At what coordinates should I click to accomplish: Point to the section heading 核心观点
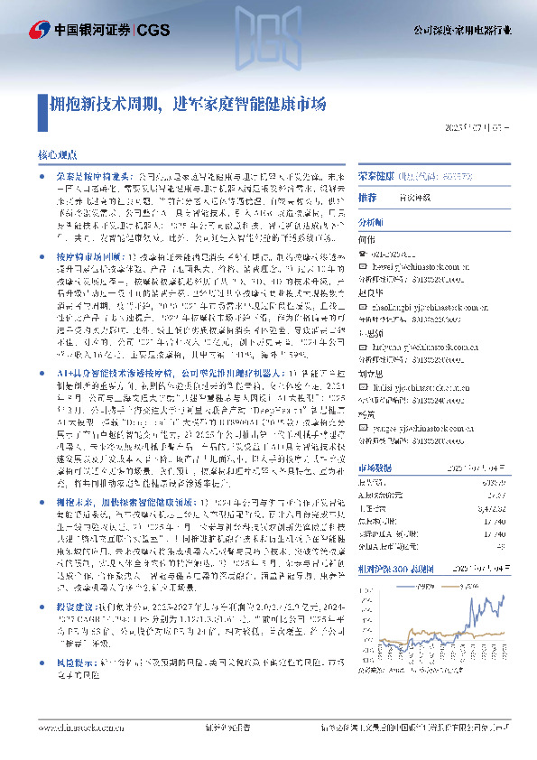coord(57,155)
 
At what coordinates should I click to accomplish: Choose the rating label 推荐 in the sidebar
coord(367,197)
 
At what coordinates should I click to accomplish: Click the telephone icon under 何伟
coord(363,255)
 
